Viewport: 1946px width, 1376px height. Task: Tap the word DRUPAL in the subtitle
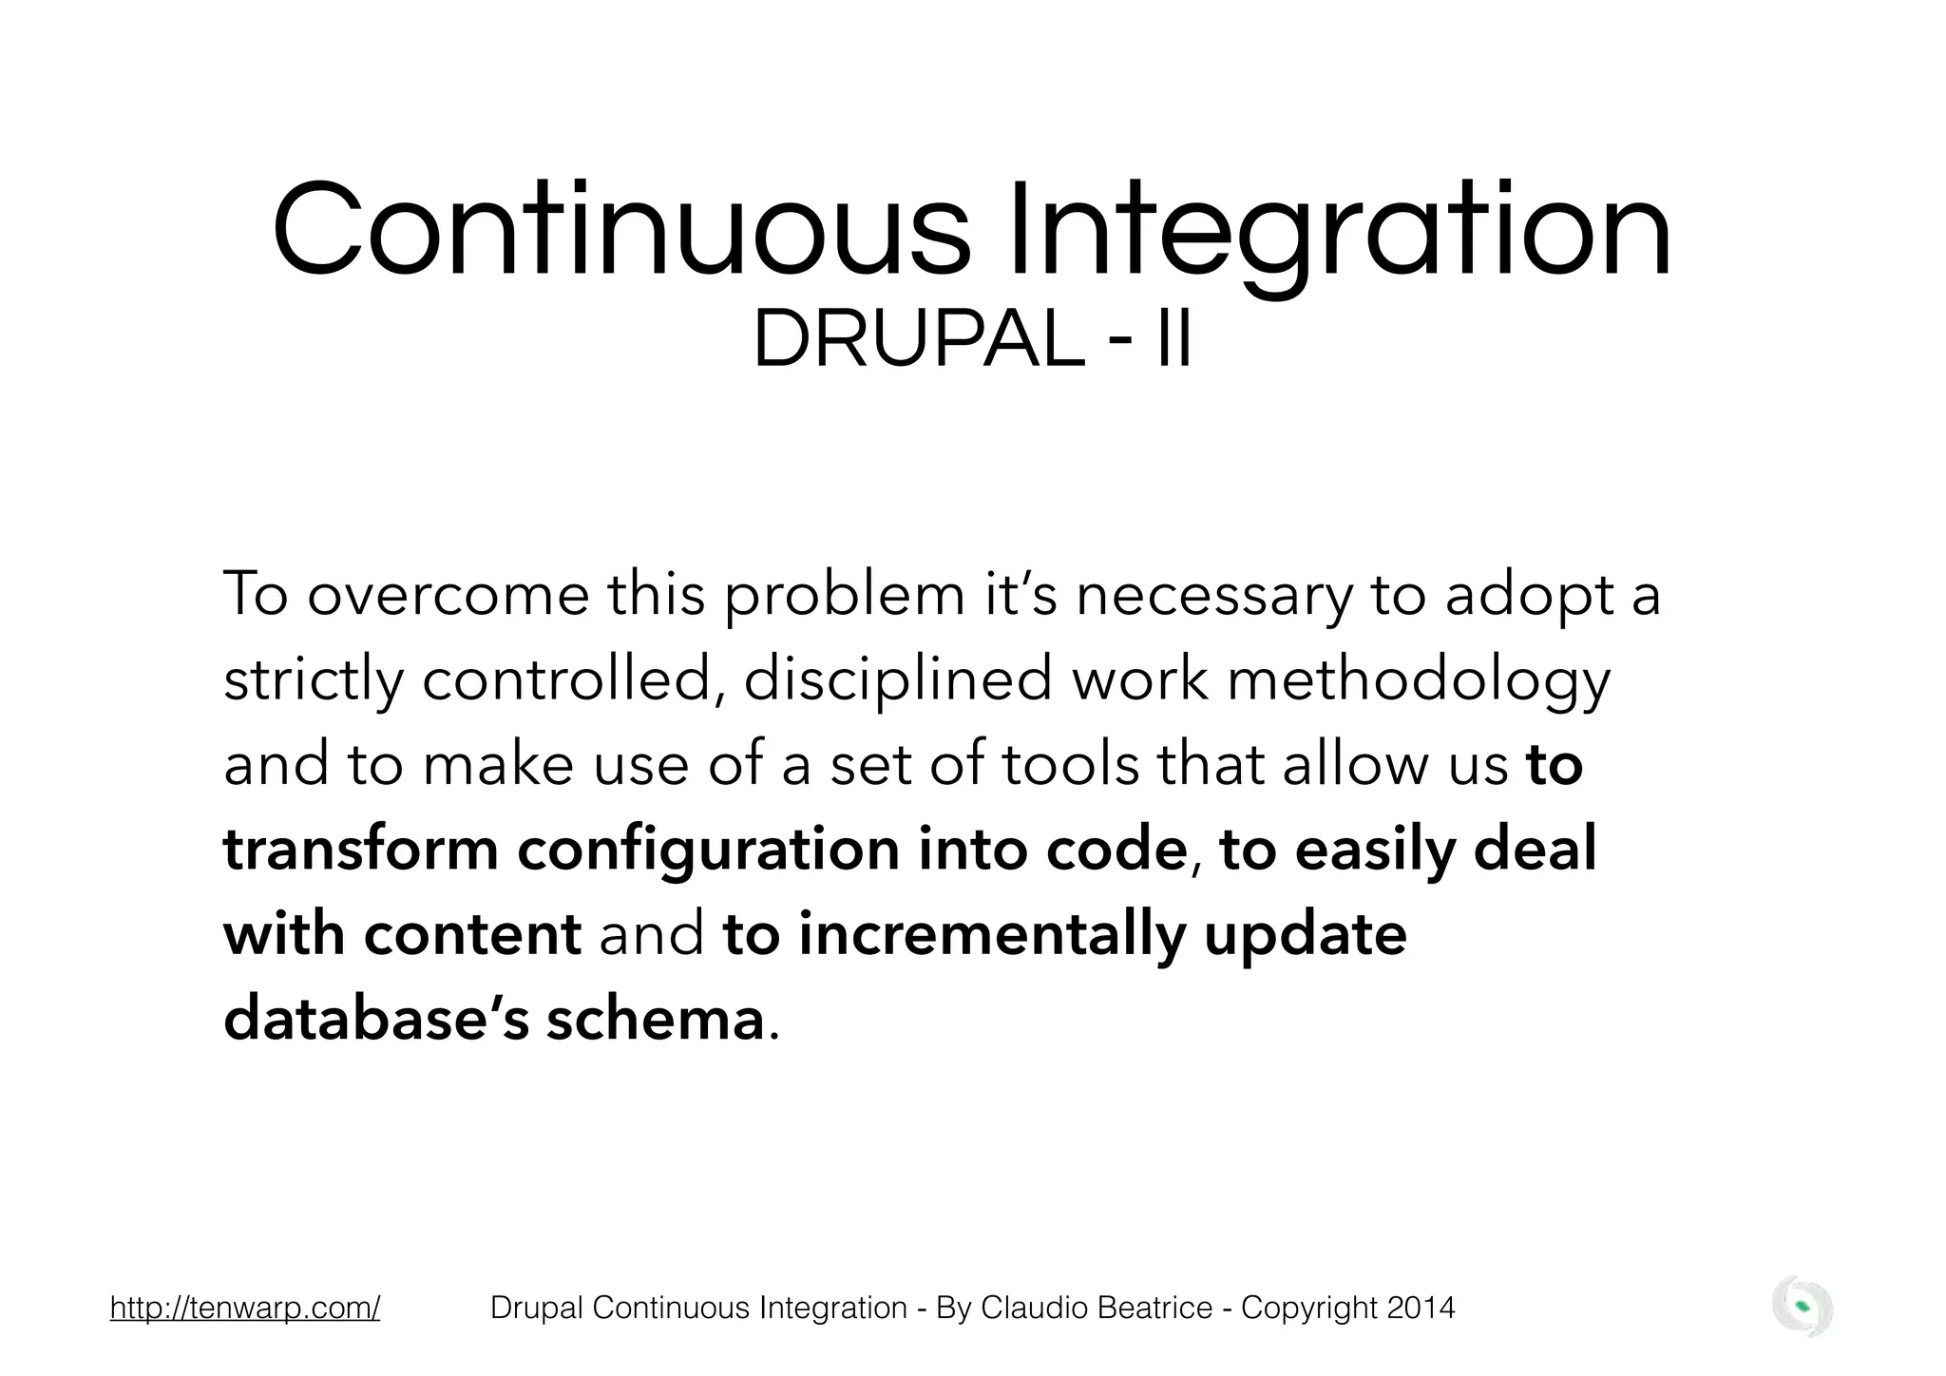(x=918, y=341)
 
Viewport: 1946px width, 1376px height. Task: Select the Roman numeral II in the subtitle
(x=1173, y=341)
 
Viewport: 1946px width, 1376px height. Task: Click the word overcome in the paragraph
(x=448, y=595)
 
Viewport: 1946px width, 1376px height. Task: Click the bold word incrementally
(x=992, y=935)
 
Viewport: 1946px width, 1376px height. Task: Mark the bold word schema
(x=655, y=1019)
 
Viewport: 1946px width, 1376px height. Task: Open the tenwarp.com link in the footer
(x=245, y=1308)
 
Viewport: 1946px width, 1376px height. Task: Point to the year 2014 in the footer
(x=1421, y=1308)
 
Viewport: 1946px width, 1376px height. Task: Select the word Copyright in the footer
(x=1309, y=1308)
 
